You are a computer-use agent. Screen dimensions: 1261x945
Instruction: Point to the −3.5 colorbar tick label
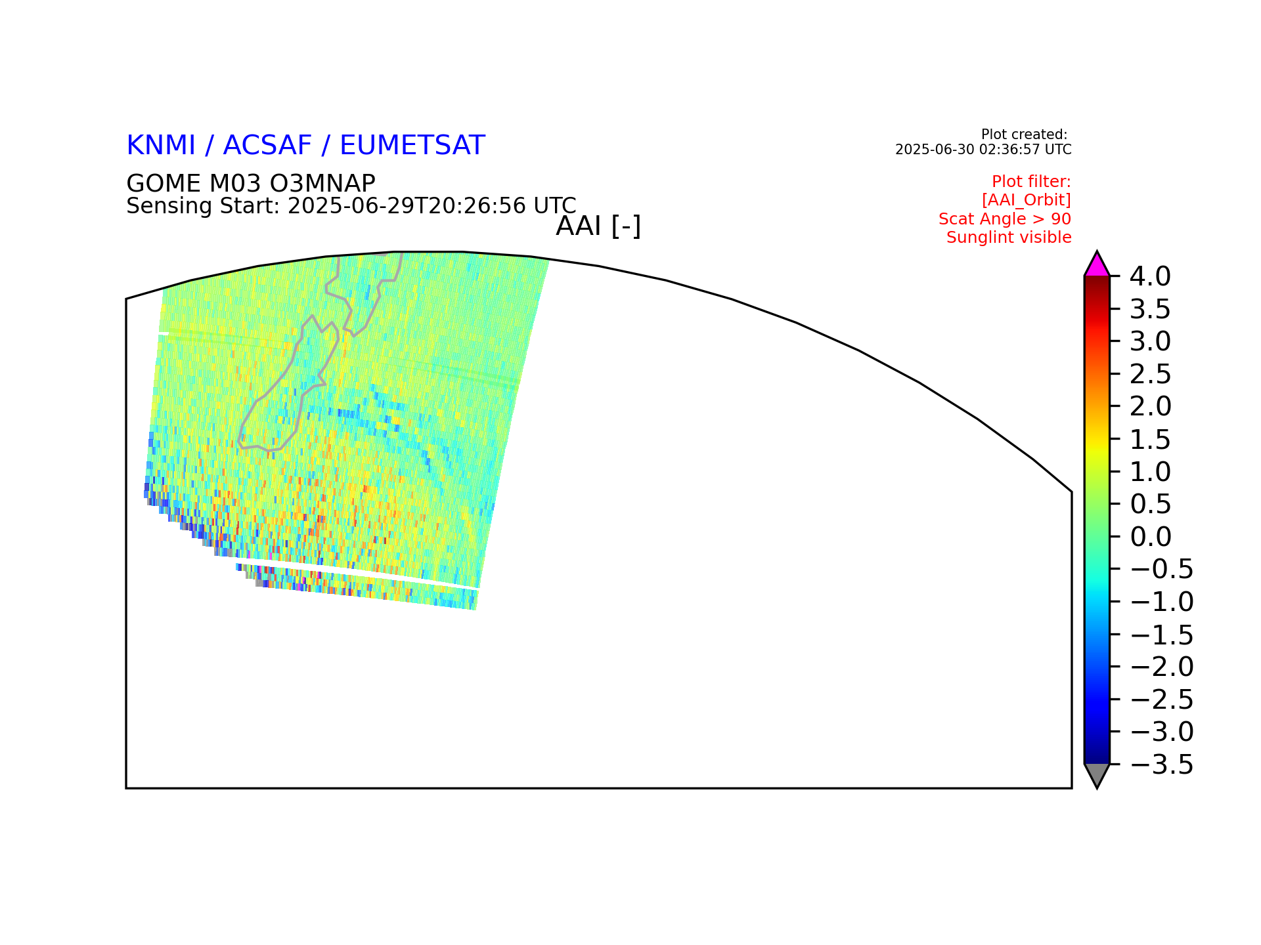point(1161,765)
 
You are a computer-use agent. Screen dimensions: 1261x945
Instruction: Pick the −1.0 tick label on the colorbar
point(1161,602)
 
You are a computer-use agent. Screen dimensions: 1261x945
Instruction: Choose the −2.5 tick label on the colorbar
point(1161,700)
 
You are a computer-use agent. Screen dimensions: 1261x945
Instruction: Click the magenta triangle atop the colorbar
point(1097,265)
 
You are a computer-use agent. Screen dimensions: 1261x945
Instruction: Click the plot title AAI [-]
point(598,226)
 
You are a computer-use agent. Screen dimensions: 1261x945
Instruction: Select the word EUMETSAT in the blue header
point(412,146)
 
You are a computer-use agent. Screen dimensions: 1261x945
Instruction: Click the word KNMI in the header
point(161,146)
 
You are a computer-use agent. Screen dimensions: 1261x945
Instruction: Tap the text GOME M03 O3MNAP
point(251,183)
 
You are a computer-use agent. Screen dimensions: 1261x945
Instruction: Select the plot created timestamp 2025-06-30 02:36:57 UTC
point(983,150)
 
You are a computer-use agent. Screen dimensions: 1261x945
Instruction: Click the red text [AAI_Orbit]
point(1027,200)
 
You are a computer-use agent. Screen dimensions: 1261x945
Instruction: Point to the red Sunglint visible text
point(1009,238)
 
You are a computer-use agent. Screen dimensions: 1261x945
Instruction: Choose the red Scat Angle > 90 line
point(1005,219)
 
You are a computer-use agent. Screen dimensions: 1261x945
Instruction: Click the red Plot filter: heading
point(1031,182)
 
